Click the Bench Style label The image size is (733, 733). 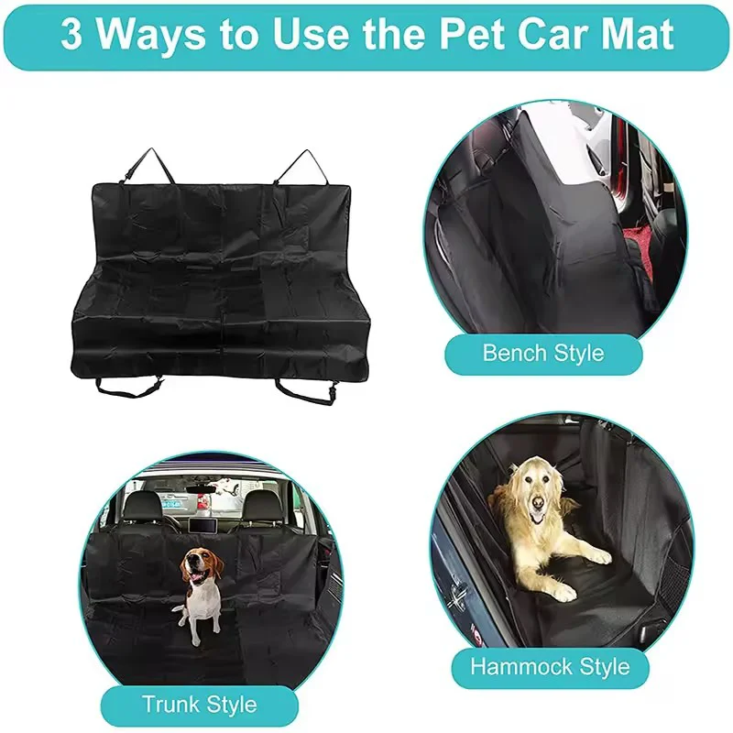(x=543, y=354)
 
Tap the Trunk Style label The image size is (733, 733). (x=200, y=705)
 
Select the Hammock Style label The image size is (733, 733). (x=551, y=667)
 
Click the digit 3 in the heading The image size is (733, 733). (x=71, y=34)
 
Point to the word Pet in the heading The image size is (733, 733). (x=467, y=34)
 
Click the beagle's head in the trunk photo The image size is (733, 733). (x=202, y=566)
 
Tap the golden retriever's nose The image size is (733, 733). (x=538, y=502)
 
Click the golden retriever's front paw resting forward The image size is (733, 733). (x=598, y=556)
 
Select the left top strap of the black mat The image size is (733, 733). (x=148, y=166)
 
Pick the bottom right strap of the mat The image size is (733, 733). (x=306, y=392)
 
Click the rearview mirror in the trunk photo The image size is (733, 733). (x=201, y=489)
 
